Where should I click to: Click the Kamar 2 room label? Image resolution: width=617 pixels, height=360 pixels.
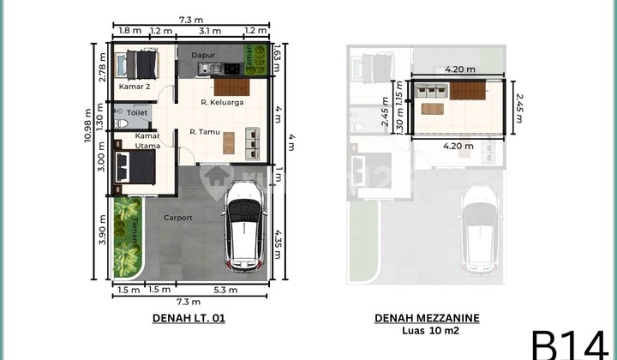click(x=135, y=87)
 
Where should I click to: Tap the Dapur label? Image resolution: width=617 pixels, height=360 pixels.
click(x=202, y=55)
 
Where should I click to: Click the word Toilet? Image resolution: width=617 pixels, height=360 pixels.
click(x=136, y=112)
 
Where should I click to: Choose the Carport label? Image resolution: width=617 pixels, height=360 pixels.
click(x=178, y=218)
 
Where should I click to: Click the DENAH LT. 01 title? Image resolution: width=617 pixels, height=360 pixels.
click(x=189, y=318)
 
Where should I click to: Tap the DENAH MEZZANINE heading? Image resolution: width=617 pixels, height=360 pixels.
click(x=427, y=318)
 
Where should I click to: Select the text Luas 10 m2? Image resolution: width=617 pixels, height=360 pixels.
click(x=427, y=331)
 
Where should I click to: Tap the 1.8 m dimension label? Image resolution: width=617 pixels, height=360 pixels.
click(x=126, y=32)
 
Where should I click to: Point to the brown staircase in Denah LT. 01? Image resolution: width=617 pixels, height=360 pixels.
click(x=229, y=86)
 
